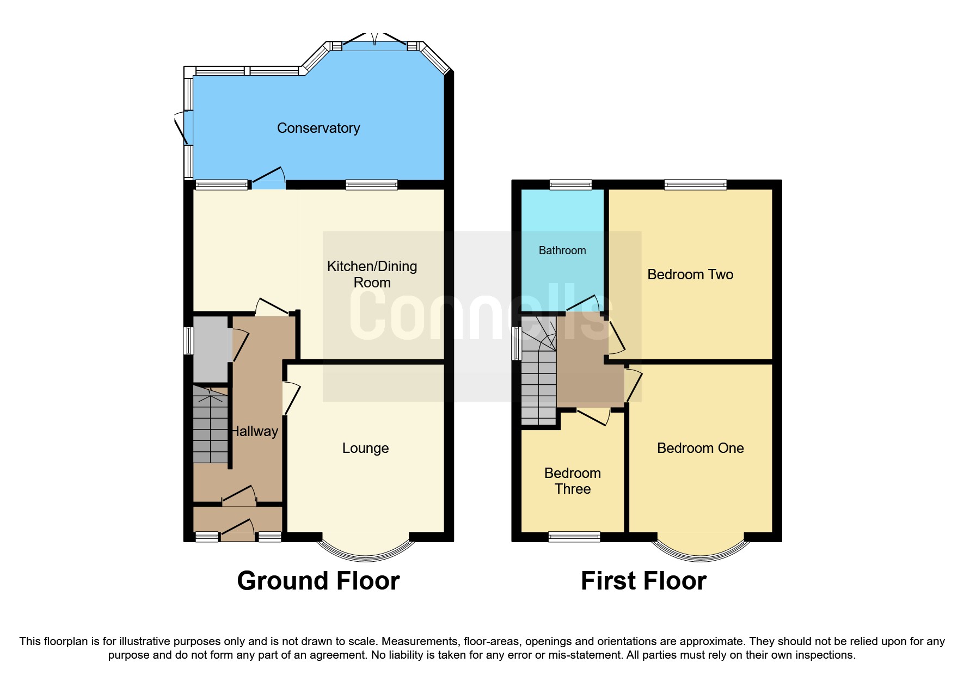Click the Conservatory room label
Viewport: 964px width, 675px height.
(x=318, y=128)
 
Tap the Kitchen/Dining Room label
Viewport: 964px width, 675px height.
(x=372, y=274)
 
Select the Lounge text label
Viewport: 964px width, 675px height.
(x=365, y=448)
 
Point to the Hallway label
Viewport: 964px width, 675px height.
(x=255, y=431)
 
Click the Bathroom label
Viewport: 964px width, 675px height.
(x=562, y=250)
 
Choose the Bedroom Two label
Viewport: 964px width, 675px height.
(x=690, y=274)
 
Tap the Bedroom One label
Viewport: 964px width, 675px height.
(x=700, y=448)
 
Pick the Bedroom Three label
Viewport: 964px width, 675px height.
(x=573, y=481)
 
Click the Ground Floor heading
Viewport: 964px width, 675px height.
(x=318, y=580)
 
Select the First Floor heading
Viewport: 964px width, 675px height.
(x=643, y=580)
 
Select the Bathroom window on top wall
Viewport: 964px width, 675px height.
(x=570, y=185)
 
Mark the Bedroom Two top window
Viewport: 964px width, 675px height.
(x=695, y=185)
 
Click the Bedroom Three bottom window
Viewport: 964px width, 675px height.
(x=574, y=537)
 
